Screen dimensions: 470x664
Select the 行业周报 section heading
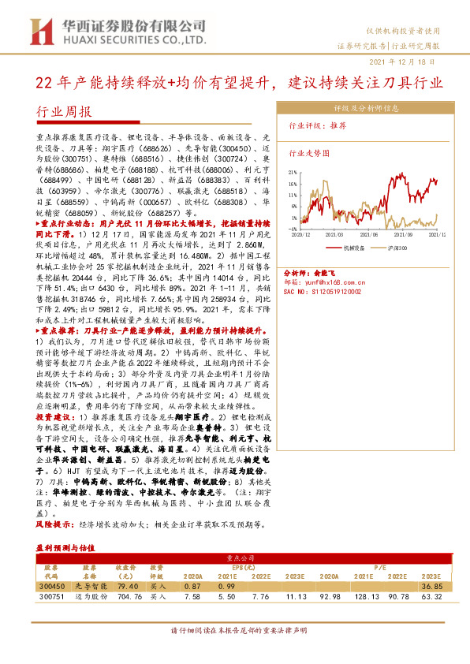coord(65,112)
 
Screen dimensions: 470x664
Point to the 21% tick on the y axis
coord(292,172)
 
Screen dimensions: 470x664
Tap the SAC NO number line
coord(327,290)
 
